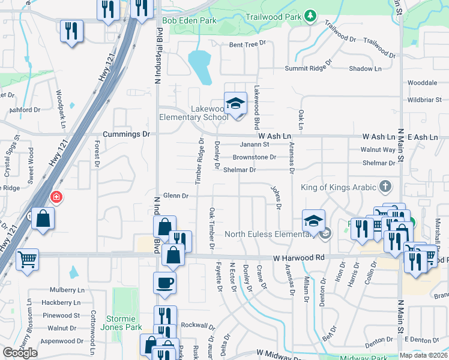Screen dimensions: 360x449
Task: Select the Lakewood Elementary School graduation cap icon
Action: [x=236, y=104]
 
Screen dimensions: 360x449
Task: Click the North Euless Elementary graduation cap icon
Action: [x=313, y=221]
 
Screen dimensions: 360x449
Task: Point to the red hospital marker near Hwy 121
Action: [x=56, y=197]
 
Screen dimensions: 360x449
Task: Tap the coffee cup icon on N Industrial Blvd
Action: [x=164, y=283]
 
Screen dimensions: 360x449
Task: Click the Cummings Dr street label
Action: [x=126, y=134]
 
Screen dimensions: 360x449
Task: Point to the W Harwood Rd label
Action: [x=298, y=258]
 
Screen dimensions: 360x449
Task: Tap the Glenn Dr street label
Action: [x=176, y=196]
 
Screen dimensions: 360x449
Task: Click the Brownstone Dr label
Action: [x=255, y=157]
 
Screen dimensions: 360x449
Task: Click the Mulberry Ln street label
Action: [x=66, y=289]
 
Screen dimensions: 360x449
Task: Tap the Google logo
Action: [x=20, y=353]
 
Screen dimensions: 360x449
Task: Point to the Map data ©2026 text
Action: [x=423, y=355]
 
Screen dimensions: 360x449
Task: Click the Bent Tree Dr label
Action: [x=247, y=44]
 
